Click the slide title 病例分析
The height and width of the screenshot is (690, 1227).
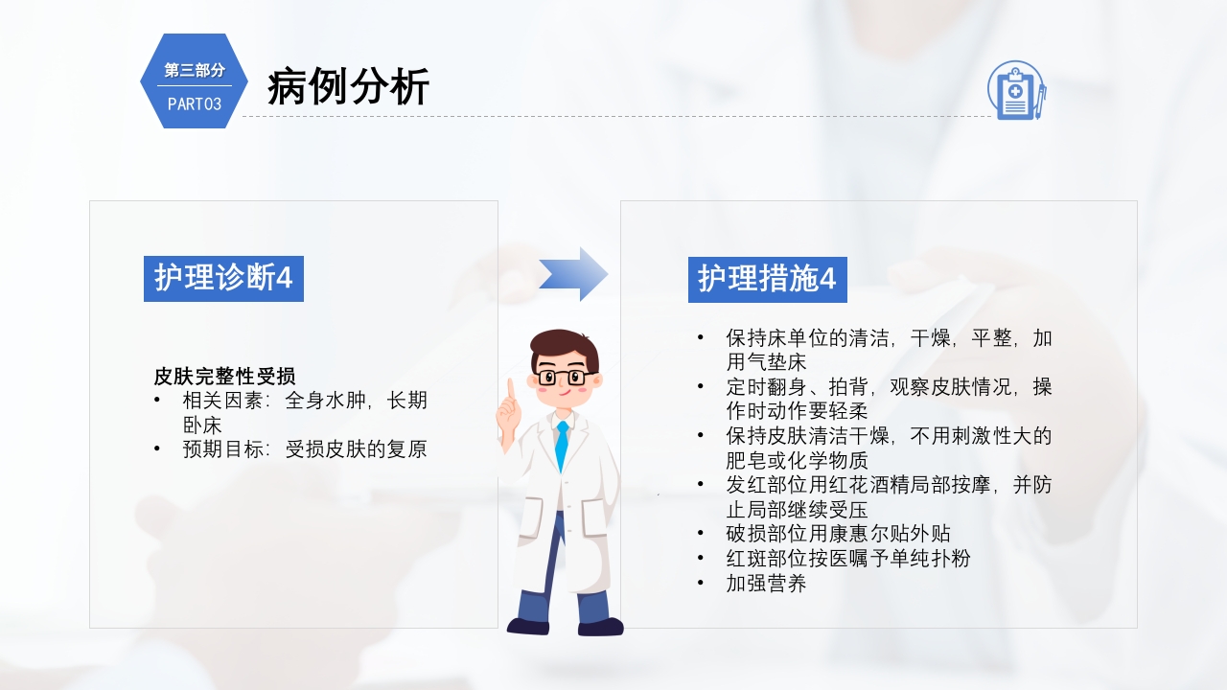[x=348, y=87]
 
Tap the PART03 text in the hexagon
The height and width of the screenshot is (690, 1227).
[x=195, y=104]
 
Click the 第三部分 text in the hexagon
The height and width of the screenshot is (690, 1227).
[x=195, y=70]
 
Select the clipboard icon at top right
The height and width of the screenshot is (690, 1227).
[x=1016, y=90]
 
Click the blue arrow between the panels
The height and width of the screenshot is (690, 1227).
[x=573, y=274]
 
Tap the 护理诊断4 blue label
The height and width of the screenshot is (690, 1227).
[x=223, y=279]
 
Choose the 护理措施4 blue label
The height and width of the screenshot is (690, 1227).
[x=767, y=279]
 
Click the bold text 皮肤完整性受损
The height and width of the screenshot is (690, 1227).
[x=224, y=376]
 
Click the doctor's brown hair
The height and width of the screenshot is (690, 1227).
[x=565, y=343]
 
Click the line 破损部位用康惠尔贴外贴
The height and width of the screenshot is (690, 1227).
[x=838, y=534]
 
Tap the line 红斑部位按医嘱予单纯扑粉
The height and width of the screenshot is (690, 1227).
[x=847, y=558]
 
